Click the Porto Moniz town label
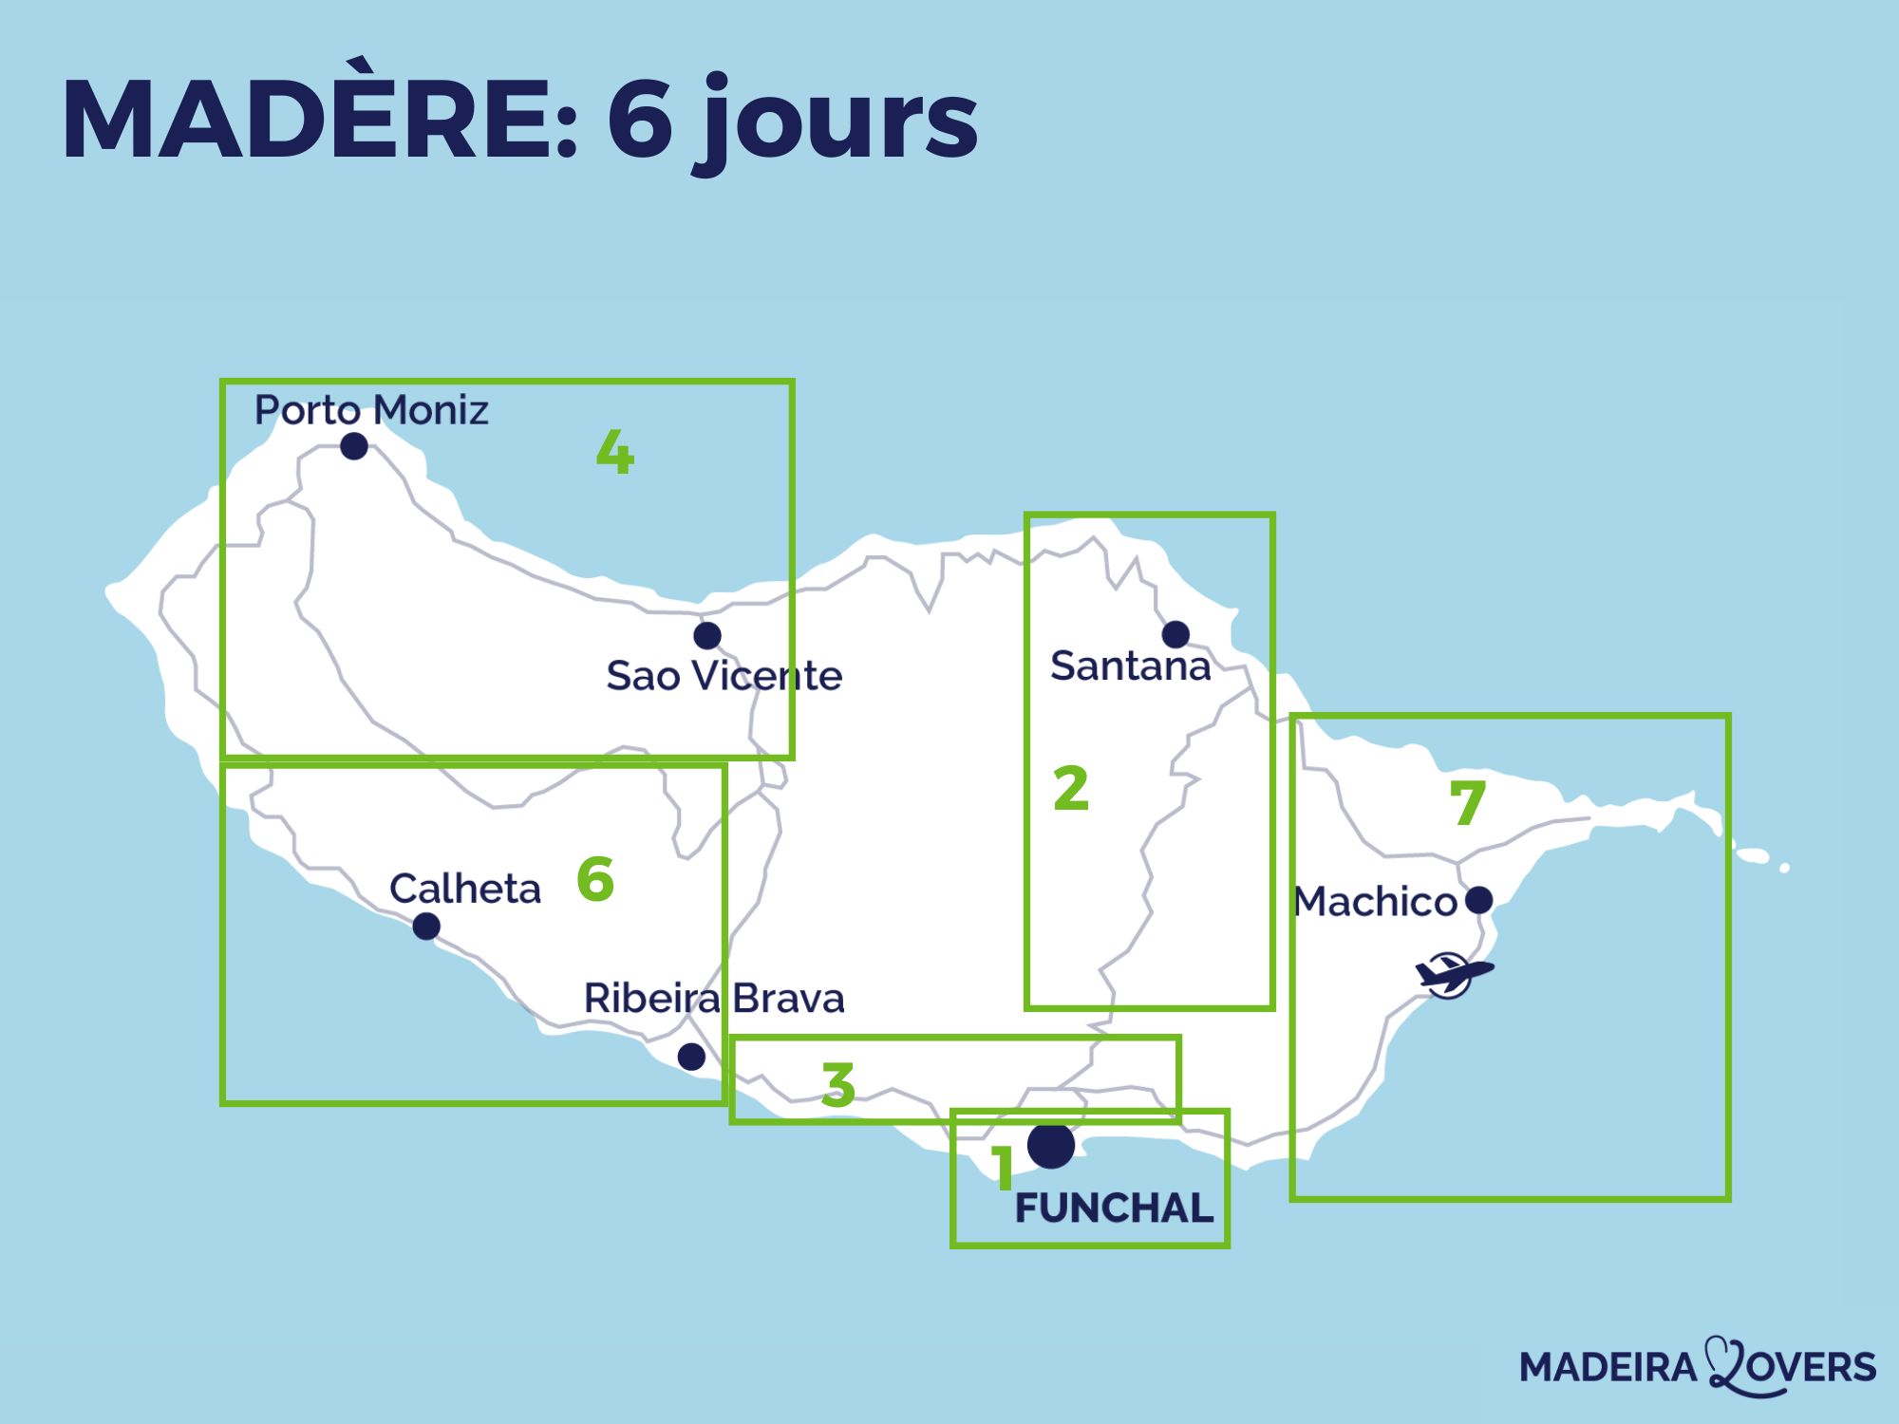371,410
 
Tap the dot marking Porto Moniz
354,445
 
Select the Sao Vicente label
724,676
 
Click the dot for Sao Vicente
706,635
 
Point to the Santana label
1130,665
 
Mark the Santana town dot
1175,633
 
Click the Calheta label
464,890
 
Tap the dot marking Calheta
426,926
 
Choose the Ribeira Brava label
713,999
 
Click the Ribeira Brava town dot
691,1056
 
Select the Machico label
1375,902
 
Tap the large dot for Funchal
1051,1146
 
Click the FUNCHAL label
1114,1208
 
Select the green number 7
1467,803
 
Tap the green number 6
595,879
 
